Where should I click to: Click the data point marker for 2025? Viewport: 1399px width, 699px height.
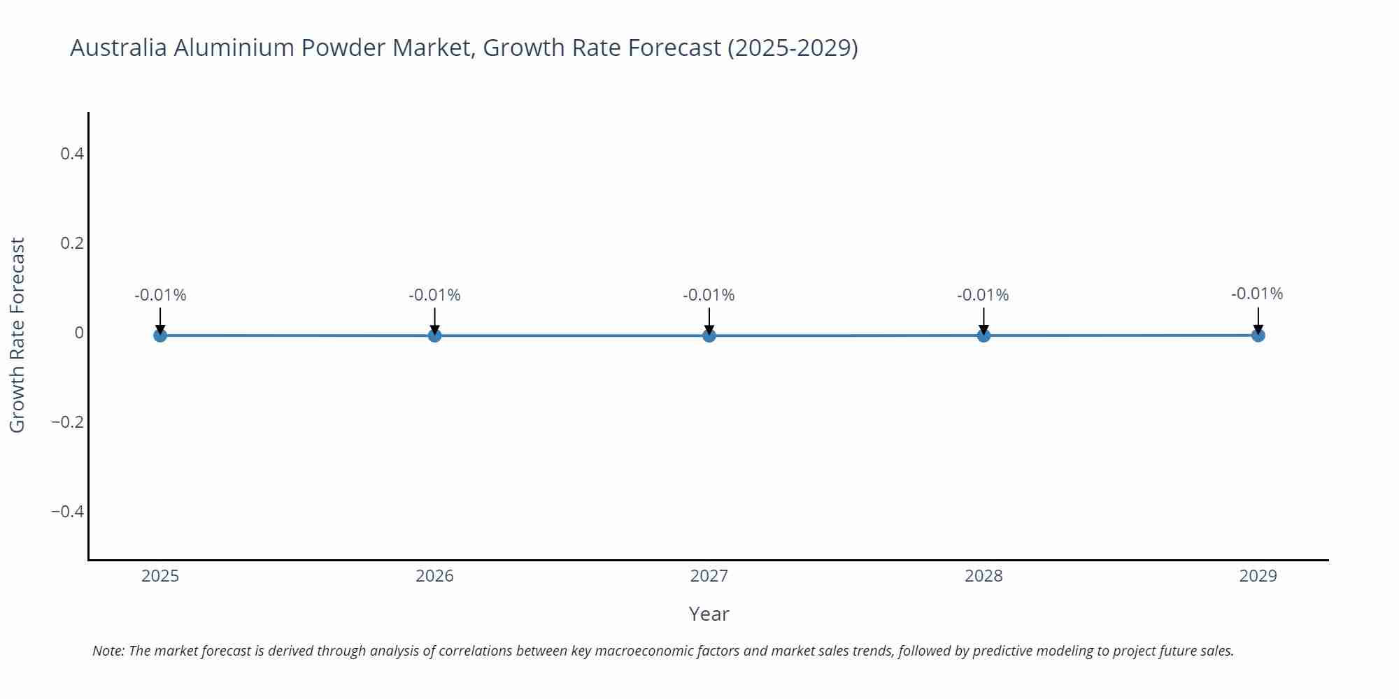[x=160, y=336]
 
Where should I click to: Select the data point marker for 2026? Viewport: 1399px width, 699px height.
[x=434, y=336]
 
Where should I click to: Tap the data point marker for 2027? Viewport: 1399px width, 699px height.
[x=709, y=336]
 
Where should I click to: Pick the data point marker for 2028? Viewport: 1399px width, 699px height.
[x=983, y=336]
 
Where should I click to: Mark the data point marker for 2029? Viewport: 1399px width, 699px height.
[x=1258, y=336]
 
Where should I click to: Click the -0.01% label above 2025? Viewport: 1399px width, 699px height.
[x=160, y=295]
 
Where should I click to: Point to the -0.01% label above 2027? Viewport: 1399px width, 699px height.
[x=709, y=295]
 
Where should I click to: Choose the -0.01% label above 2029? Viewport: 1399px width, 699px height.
[x=1257, y=294]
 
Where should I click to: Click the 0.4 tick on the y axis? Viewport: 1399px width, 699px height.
[x=72, y=154]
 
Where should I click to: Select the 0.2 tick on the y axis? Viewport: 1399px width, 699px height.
[x=72, y=243]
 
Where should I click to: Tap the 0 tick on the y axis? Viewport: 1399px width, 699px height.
[x=79, y=333]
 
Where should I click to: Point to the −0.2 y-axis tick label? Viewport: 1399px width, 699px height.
[x=67, y=422]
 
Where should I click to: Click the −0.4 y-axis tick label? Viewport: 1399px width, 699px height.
[x=67, y=512]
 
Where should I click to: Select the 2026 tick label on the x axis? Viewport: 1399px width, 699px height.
[x=434, y=576]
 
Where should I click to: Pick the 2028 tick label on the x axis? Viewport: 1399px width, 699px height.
[x=983, y=576]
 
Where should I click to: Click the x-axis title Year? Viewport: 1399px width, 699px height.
[x=709, y=614]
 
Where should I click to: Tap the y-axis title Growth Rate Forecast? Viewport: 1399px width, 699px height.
[x=17, y=335]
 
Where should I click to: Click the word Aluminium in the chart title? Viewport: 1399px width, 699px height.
[x=236, y=48]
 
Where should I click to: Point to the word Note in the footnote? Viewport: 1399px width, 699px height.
[x=107, y=651]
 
